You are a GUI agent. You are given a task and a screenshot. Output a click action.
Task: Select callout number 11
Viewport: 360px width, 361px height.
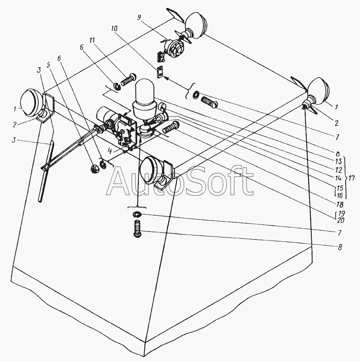(x=92, y=41)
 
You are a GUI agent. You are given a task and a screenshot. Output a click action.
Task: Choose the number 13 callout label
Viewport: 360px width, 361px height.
(x=337, y=161)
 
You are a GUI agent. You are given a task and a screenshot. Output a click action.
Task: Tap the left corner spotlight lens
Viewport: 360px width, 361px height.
(x=31, y=102)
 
